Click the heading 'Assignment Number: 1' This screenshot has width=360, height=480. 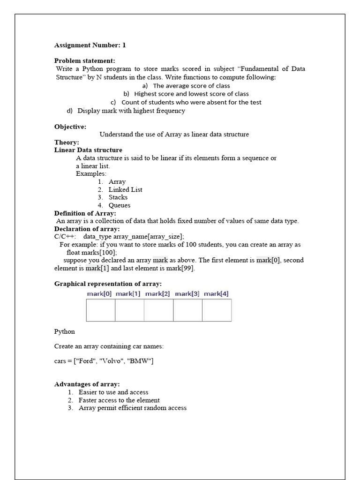(90, 45)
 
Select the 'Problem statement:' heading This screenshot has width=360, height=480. (84, 60)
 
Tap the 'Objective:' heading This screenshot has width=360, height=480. (70, 127)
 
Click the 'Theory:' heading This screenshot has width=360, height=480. (67, 142)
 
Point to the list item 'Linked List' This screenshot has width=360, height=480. (125, 189)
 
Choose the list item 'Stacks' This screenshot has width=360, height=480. (118, 197)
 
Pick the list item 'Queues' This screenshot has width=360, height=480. (120, 205)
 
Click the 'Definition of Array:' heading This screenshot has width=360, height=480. (85, 213)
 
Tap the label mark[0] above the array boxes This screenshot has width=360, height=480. (99, 293)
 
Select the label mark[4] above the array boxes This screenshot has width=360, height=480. (216, 293)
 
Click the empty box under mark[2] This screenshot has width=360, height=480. (158, 310)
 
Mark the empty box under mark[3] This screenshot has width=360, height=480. (187, 310)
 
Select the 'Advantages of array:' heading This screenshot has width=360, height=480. (87, 384)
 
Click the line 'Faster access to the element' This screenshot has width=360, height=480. (119, 400)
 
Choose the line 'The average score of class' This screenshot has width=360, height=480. (191, 86)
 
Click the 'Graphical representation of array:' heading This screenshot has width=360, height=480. (108, 284)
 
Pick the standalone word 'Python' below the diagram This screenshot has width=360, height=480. (65, 331)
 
